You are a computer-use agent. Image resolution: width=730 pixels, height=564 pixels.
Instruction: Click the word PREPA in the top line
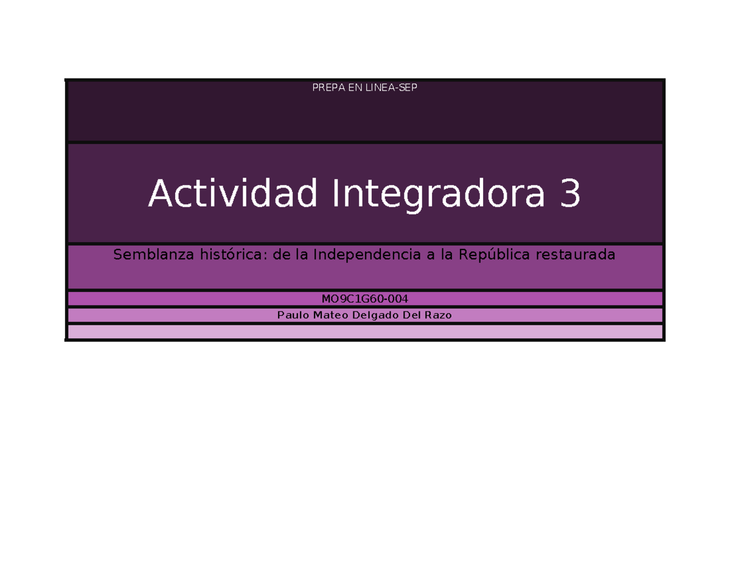tap(325, 88)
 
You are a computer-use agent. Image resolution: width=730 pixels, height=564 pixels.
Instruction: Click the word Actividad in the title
tap(233, 193)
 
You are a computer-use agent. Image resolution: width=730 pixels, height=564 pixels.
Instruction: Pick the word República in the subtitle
tap(493, 255)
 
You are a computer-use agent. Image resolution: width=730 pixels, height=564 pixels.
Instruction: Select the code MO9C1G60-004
tap(364, 299)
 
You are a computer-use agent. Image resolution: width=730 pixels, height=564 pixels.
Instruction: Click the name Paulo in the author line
tap(293, 315)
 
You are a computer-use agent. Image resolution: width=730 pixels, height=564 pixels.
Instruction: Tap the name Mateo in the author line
tap(331, 315)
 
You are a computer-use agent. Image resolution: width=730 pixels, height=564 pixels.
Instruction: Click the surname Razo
tap(438, 315)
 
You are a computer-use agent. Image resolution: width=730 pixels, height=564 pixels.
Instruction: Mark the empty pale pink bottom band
tap(365, 332)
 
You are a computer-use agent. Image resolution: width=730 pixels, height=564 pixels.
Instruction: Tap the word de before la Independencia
tap(280, 255)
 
